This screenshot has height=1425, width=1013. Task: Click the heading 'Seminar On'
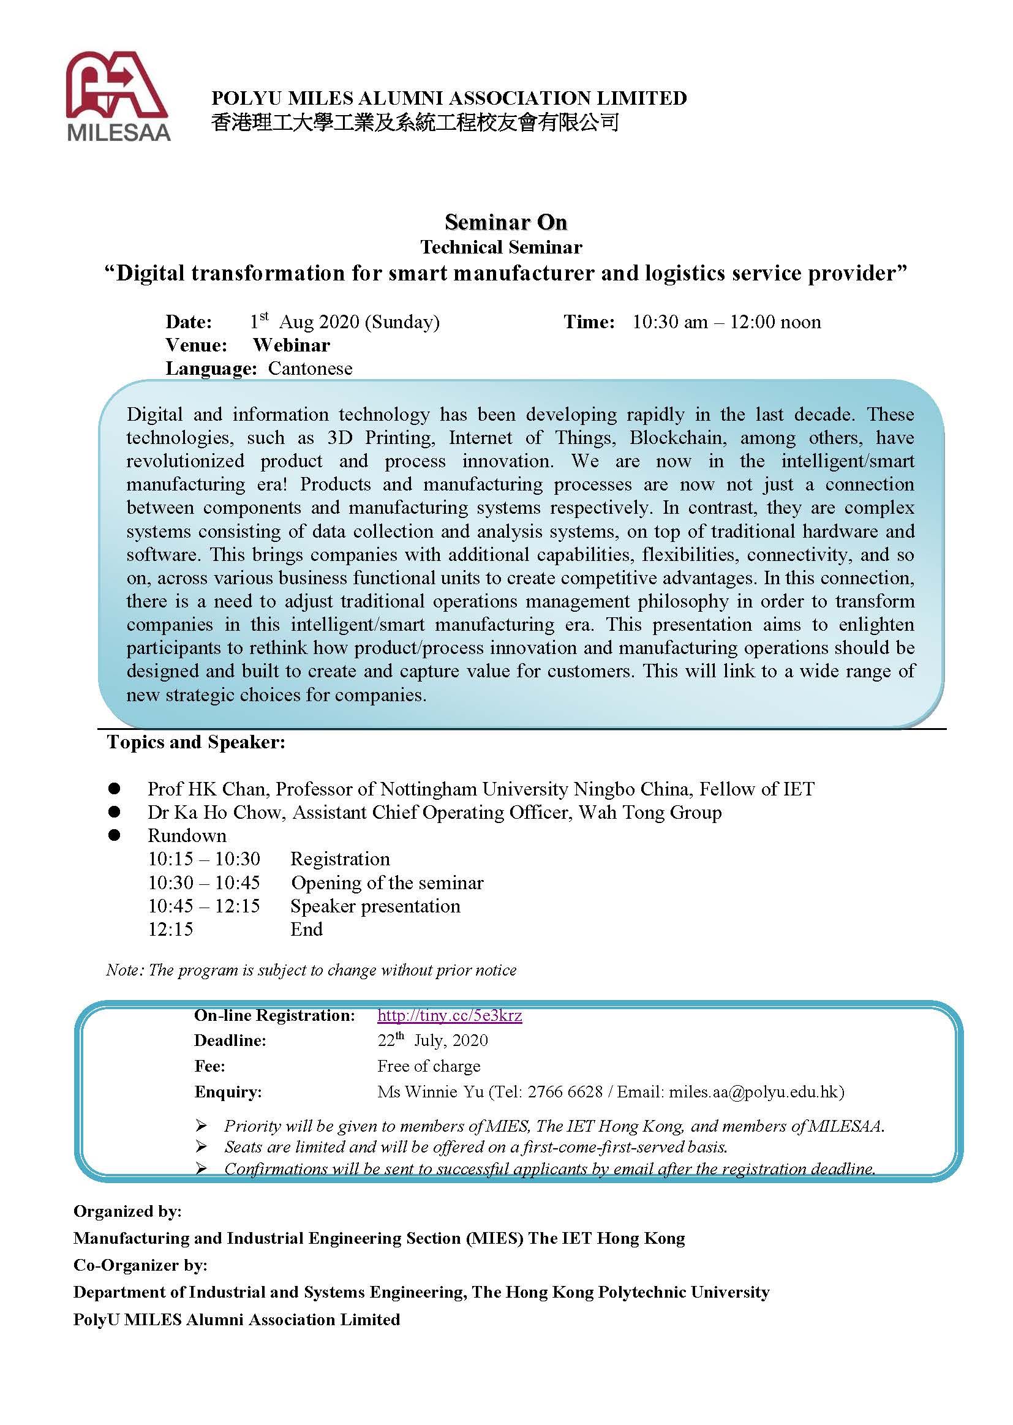pyautogui.click(x=505, y=222)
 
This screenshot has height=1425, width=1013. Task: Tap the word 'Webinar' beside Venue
pyautogui.click(x=292, y=345)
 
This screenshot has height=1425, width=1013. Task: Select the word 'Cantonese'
pyautogui.click(x=310, y=369)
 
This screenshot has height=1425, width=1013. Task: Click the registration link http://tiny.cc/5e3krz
pyautogui.click(x=449, y=1015)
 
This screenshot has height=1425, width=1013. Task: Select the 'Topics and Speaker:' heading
pyautogui.click(x=196, y=742)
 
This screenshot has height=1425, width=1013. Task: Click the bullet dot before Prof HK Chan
pyautogui.click(x=114, y=789)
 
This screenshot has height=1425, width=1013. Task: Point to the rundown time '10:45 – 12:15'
pyautogui.click(x=203, y=906)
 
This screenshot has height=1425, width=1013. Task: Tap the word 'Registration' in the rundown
pyautogui.click(x=340, y=859)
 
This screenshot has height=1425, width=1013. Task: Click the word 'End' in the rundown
pyautogui.click(x=306, y=929)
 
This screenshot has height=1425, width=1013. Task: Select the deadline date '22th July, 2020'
pyautogui.click(x=432, y=1040)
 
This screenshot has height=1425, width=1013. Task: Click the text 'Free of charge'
pyautogui.click(x=429, y=1066)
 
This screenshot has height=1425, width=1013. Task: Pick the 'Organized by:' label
pyautogui.click(x=127, y=1211)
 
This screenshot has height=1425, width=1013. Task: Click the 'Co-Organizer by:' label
pyautogui.click(x=140, y=1265)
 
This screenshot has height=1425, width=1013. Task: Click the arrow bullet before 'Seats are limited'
pyautogui.click(x=201, y=1146)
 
